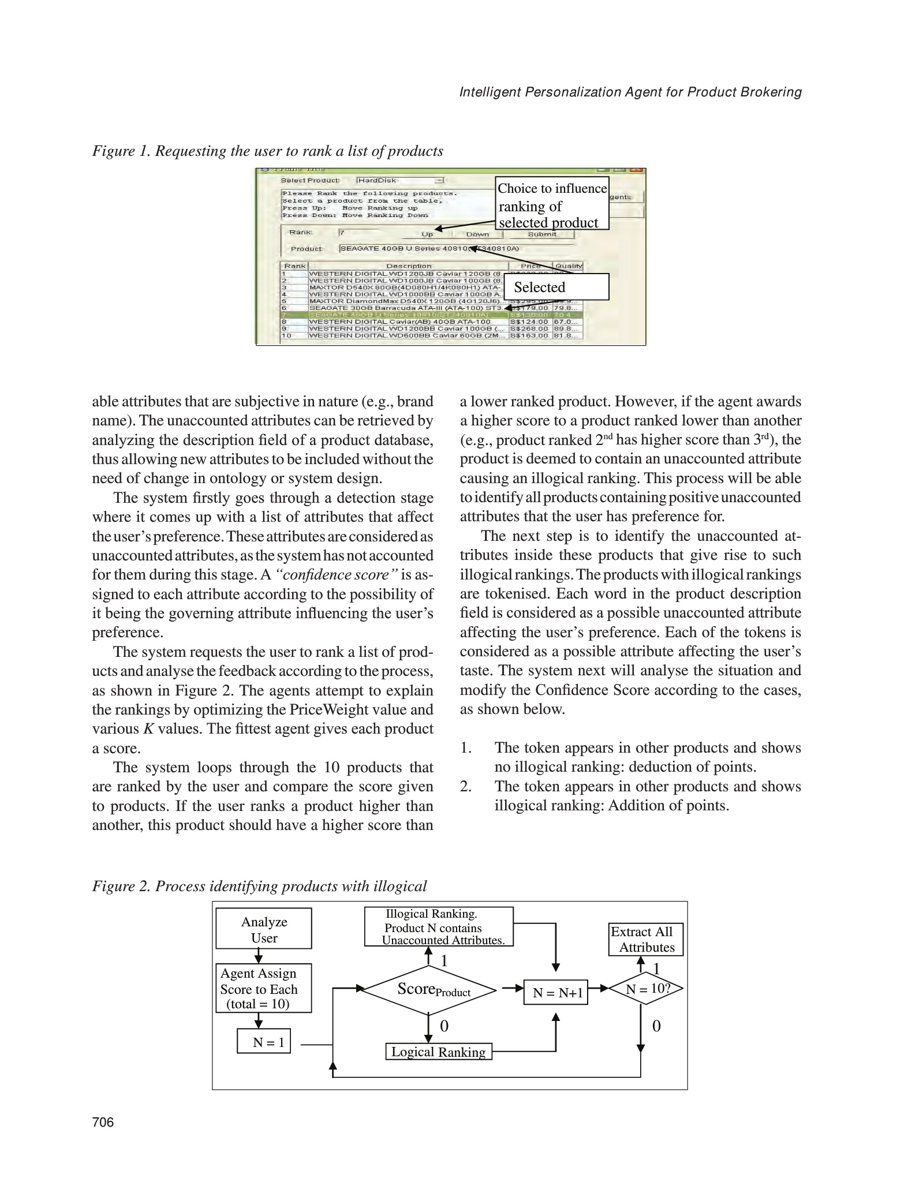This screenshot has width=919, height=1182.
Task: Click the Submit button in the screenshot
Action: [541, 234]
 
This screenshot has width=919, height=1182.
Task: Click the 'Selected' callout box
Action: [556, 287]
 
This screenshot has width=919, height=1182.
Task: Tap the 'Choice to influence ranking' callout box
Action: [552, 205]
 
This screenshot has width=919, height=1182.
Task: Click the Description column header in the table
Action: [409, 266]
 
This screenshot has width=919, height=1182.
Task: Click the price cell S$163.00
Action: [529, 335]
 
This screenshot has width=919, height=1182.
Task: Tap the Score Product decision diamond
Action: [429, 990]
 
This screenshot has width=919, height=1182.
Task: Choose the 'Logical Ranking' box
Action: [439, 1052]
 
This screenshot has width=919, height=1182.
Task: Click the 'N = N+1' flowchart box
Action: [555, 993]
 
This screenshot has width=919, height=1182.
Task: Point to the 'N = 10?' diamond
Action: [645, 989]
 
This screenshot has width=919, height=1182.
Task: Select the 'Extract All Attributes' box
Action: [645, 940]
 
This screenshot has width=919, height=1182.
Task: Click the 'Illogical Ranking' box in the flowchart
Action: [439, 927]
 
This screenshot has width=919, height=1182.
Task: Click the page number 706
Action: [103, 1122]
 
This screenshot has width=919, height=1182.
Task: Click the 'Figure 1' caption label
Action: [119, 151]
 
